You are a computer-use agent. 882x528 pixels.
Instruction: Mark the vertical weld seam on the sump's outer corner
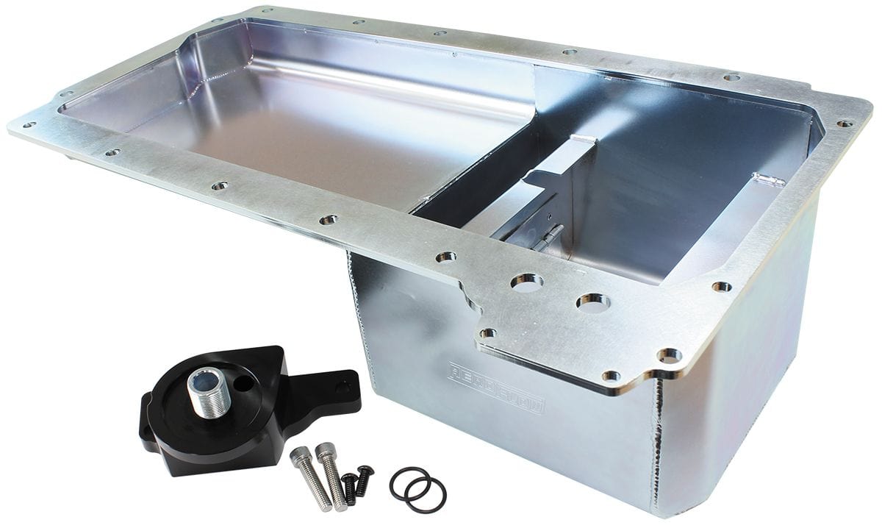tap(657, 441)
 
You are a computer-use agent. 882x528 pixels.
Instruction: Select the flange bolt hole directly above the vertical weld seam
tap(670, 355)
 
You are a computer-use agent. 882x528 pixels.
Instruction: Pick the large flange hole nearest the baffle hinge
tap(526, 281)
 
